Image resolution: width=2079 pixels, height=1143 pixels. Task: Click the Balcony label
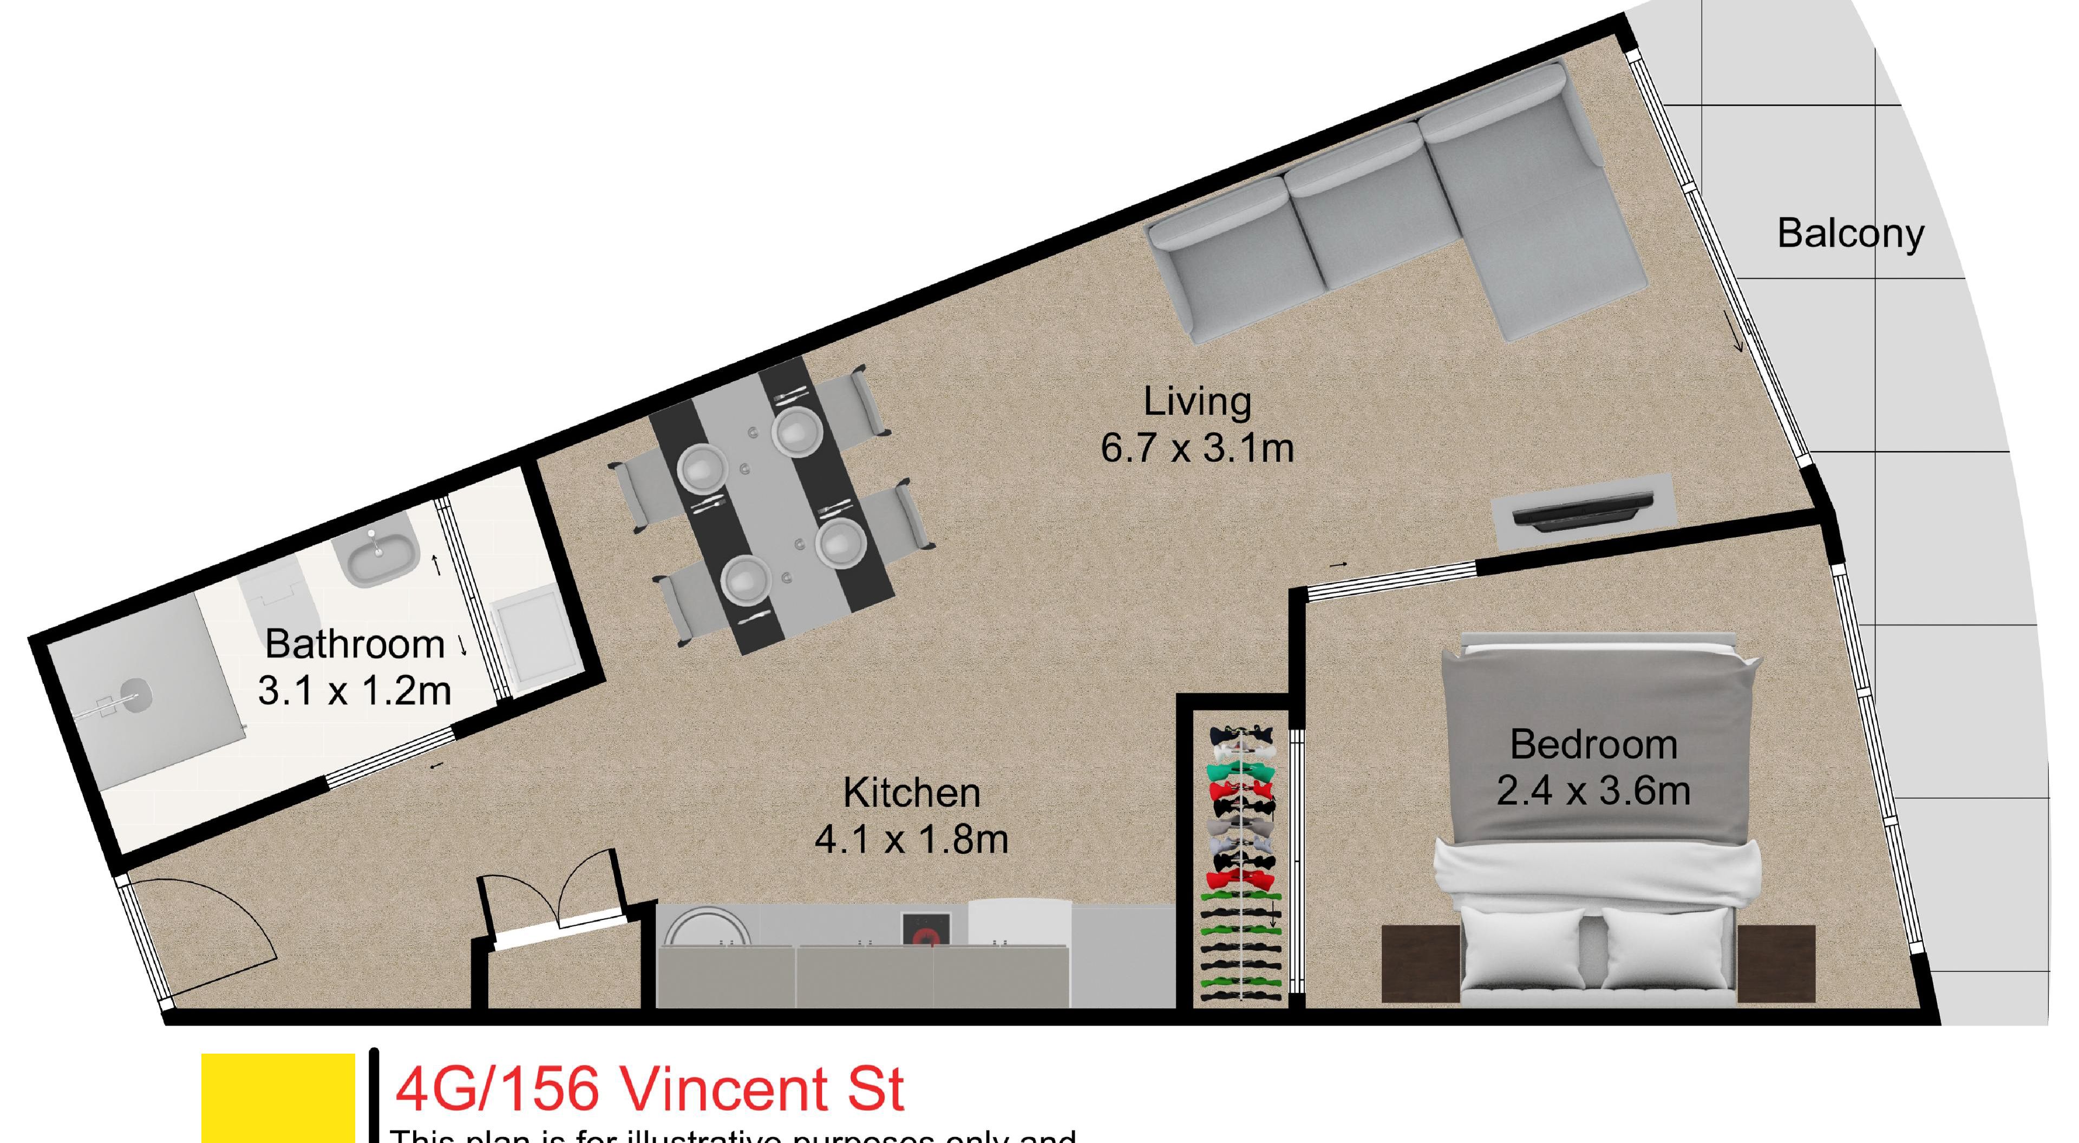point(1850,234)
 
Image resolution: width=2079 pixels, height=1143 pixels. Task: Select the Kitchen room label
point(911,793)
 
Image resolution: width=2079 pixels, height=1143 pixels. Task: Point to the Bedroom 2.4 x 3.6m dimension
point(1593,791)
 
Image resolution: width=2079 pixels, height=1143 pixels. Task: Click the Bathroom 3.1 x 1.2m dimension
point(354,691)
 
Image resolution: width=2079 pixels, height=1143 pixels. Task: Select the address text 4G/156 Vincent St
point(650,1088)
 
